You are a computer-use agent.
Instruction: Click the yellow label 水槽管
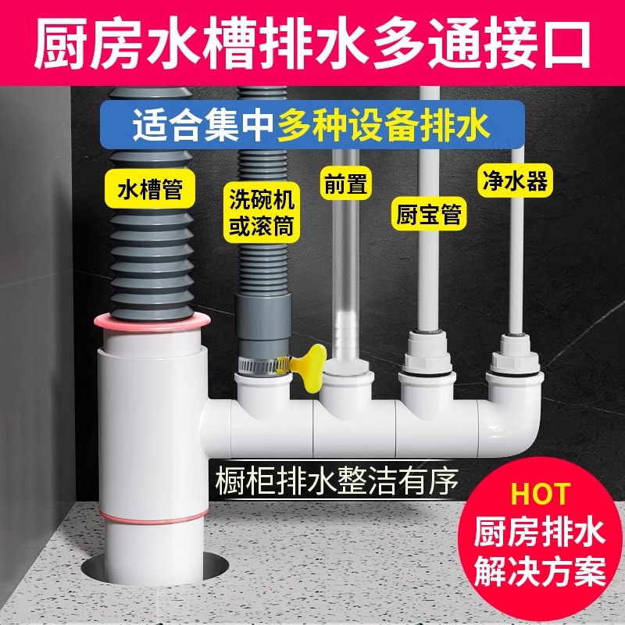tap(150, 191)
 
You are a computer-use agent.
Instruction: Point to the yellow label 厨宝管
tap(427, 212)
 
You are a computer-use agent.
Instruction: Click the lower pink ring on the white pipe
tap(153, 512)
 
